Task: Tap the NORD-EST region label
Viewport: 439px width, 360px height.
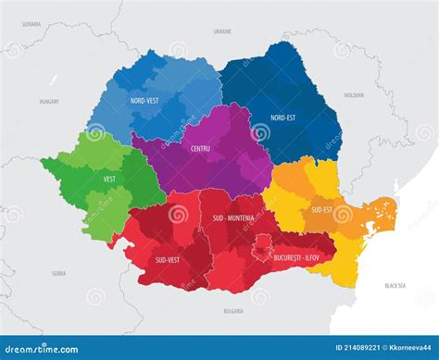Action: pyautogui.click(x=283, y=118)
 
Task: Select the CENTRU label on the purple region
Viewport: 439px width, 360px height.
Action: pyautogui.click(x=201, y=148)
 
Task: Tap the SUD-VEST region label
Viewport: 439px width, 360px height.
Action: pyautogui.click(x=168, y=260)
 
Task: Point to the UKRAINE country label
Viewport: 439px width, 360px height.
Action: pyautogui.click(x=222, y=31)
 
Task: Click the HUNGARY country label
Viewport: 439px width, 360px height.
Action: pyautogui.click(x=49, y=101)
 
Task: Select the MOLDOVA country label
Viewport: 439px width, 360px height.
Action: pyautogui.click(x=354, y=95)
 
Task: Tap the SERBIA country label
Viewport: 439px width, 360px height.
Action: pyautogui.click(x=58, y=273)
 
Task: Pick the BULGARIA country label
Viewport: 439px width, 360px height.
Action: pyautogui.click(x=233, y=311)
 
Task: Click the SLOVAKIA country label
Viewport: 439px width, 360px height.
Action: pyautogui.click(x=31, y=23)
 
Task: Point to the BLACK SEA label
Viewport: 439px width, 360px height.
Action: pyautogui.click(x=395, y=286)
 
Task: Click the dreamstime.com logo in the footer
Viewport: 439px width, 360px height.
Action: pyautogui.click(x=46, y=347)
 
